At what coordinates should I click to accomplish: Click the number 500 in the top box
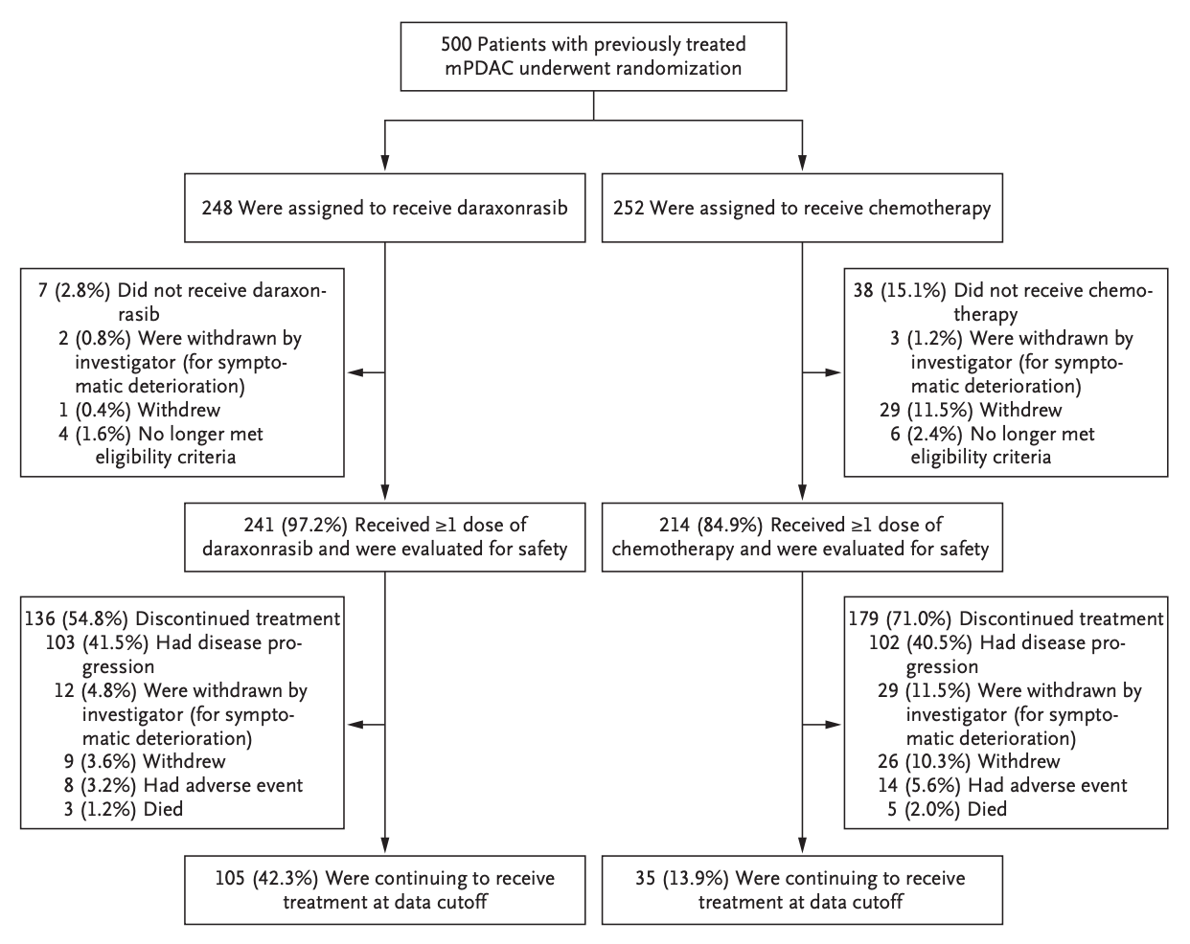click(x=456, y=44)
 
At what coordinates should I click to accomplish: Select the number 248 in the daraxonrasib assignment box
click(x=217, y=209)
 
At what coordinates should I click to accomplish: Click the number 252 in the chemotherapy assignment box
click(x=629, y=209)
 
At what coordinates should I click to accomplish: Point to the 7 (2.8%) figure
click(x=74, y=291)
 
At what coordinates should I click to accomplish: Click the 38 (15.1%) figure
click(x=900, y=291)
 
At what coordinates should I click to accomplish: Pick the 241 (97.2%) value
click(x=295, y=525)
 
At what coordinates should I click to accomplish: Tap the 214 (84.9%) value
click(x=711, y=525)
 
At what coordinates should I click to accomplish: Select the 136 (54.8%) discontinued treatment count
click(x=77, y=619)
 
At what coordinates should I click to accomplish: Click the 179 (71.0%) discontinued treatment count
click(x=901, y=619)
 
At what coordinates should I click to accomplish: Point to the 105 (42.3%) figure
click(x=267, y=878)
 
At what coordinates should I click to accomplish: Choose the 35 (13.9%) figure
click(x=682, y=878)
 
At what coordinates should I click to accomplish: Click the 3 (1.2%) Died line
click(x=124, y=809)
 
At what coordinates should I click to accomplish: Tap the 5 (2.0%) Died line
click(x=948, y=809)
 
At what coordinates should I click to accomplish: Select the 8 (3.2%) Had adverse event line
click(x=183, y=785)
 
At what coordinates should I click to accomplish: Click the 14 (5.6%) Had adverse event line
click(x=1002, y=785)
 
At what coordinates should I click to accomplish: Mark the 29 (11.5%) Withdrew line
click(x=971, y=410)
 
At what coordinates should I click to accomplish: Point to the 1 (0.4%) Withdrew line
click(x=139, y=410)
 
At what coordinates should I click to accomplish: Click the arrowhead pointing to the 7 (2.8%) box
click(x=355, y=372)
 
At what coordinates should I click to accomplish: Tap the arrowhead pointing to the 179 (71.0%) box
click(x=833, y=725)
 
